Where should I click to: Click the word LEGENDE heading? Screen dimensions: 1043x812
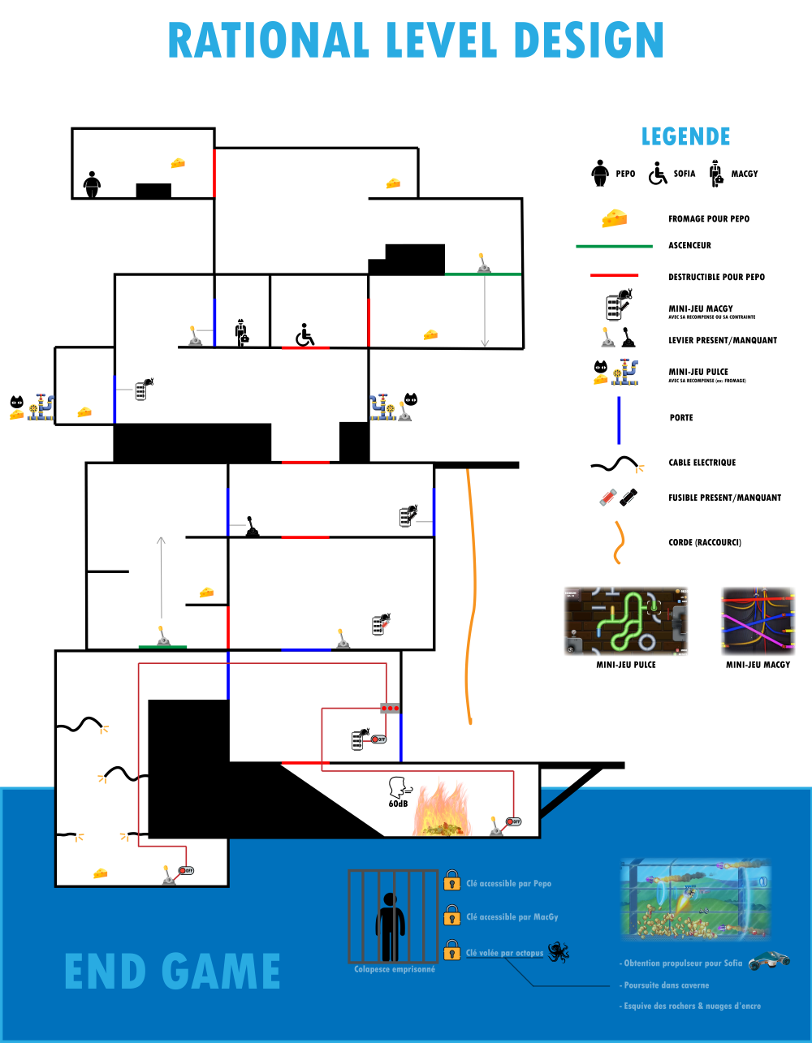click(685, 136)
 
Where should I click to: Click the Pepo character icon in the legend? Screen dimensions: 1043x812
click(600, 174)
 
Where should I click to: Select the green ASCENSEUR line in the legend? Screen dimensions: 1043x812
click(614, 246)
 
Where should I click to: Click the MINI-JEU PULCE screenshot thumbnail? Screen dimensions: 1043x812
click(626, 621)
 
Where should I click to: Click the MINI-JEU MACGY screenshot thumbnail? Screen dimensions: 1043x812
click(758, 621)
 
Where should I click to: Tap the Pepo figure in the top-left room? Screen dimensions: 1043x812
click(92, 184)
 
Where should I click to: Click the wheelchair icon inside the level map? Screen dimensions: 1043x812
click(304, 334)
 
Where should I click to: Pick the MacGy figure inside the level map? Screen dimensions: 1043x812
click(241, 332)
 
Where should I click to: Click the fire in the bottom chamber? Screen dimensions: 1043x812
click(441, 808)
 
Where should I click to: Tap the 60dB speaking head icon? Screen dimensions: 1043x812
click(400, 790)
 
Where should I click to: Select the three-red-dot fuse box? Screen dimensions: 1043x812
click(391, 708)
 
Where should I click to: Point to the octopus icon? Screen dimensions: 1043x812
click(558, 952)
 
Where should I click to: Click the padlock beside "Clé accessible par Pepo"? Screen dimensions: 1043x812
click(452, 881)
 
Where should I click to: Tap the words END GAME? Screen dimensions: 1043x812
click(172, 972)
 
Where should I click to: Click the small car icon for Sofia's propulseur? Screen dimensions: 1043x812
click(768, 961)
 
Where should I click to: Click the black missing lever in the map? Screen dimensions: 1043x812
click(253, 528)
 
